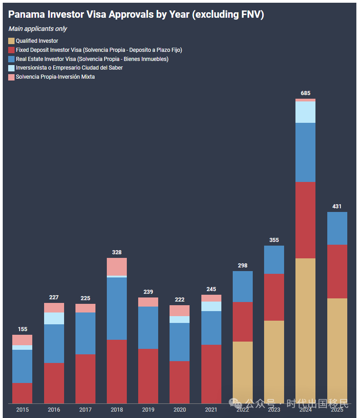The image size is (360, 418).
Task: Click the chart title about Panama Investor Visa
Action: tap(136, 15)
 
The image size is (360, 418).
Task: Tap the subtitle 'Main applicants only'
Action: tap(37, 29)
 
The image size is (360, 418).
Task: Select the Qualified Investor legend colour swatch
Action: tap(11, 41)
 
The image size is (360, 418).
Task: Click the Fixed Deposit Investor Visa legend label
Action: tap(99, 50)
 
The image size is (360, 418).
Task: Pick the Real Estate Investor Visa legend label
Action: tap(92, 59)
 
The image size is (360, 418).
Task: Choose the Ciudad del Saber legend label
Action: tap(69, 68)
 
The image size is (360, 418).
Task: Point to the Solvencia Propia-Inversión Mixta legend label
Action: tap(55, 77)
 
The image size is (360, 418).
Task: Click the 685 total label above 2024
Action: tap(305, 93)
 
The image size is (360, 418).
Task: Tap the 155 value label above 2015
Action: tap(22, 329)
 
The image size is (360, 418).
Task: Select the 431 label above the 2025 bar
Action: tap(337, 206)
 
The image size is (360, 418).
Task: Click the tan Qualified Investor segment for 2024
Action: tap(305, 330)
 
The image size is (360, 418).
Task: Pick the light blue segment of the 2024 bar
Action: tap(305, 112)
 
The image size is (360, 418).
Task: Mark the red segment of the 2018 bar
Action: tap(117, 371)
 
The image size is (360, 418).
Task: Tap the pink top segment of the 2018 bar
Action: tap(117, 267)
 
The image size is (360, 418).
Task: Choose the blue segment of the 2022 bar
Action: tap(243, 287)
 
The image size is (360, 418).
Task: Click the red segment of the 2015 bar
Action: tap(22, 393)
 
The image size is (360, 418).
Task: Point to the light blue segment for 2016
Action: tap(54, 318)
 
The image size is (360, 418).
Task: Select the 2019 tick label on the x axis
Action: tap(148, 410)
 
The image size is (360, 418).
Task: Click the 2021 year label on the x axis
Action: tap(211, 410)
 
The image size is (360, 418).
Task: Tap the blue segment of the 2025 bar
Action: tap(337, 228)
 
